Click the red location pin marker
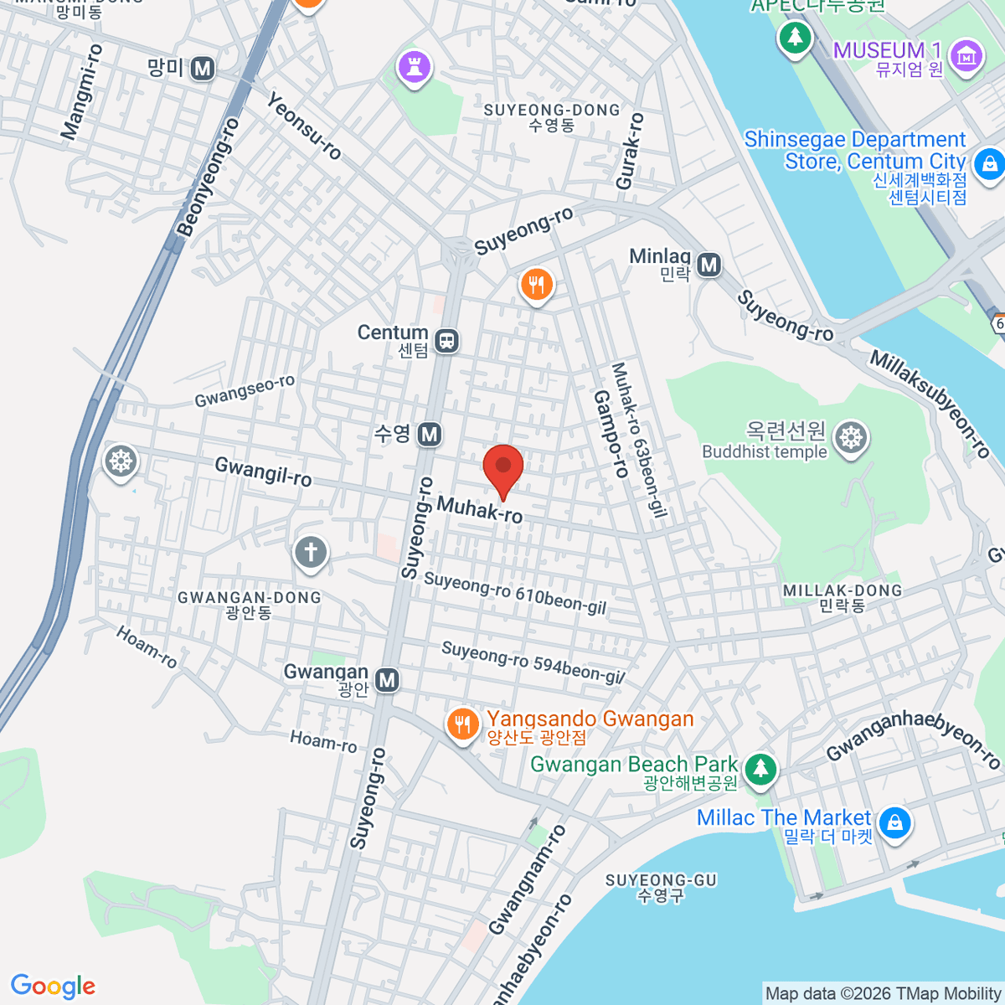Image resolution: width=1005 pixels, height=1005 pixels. (503, 467)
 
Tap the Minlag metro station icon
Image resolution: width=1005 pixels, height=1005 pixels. (709, 265)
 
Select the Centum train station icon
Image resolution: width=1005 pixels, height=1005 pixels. (447, 341)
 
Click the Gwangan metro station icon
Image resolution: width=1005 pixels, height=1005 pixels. (387, 680)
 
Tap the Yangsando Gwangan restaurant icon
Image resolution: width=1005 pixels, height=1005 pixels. (462, 724)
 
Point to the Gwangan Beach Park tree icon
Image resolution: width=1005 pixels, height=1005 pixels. (760, 768)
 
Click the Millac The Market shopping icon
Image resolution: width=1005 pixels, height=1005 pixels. (895, 822)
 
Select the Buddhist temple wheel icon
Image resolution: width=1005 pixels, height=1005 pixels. (851, 437)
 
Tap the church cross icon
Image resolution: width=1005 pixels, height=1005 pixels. (311, 552)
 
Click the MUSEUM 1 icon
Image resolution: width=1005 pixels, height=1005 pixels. (966, 56)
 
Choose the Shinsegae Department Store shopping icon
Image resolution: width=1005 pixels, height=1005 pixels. (989, 162)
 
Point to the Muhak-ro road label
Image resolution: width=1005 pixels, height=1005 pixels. (480, 509)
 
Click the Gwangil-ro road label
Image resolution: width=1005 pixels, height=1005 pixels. (263, 472)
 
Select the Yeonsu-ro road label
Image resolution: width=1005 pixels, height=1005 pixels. (304, 126)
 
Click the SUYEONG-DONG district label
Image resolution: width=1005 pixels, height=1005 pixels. (552, 111)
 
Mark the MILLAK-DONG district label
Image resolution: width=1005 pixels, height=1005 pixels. (843, 590)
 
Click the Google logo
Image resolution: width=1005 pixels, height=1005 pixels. (53, 987)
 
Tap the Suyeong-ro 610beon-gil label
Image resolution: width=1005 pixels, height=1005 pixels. (514, 593)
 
